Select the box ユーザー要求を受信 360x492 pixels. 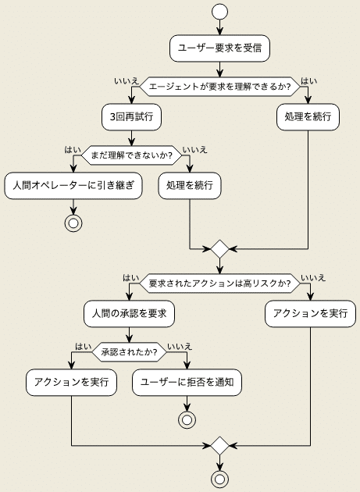(x=219, y=48)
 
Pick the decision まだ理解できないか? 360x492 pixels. (x=131, y=154)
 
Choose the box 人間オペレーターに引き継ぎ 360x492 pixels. (x=73, y=187)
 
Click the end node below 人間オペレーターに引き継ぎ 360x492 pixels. (x=73, y=223)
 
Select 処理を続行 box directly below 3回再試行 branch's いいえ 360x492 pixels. (x=190, y=187)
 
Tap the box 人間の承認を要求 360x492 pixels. (x=129, y=314)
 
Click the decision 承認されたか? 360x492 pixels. (x=130, y=351)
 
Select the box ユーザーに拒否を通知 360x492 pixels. (x=187, y=383)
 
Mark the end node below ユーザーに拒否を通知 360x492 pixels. (x=187, y=420)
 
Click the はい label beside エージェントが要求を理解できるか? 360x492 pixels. (x=309, y=80)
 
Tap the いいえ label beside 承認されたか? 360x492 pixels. (x=179, y=346)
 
